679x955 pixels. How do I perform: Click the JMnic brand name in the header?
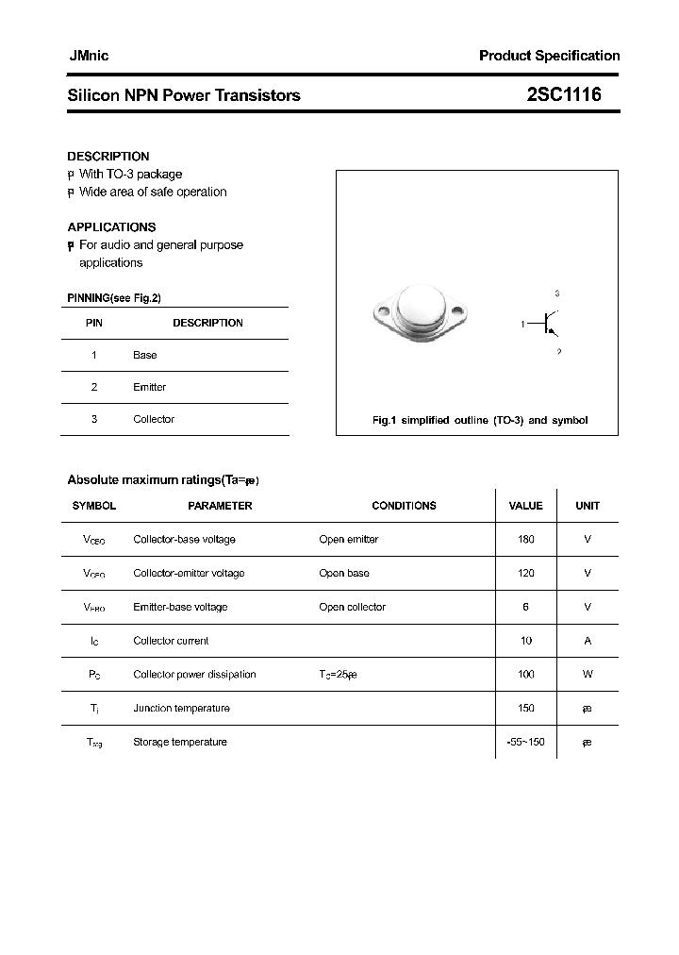coord(88,56)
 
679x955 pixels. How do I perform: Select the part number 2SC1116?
coord(564,94)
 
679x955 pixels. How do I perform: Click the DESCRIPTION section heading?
coord(108,156)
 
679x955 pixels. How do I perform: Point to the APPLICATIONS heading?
coord(111,226)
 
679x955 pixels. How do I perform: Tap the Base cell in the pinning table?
coord(145,355)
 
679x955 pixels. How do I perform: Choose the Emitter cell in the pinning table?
coord(149,387)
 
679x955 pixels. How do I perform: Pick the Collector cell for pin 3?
coord(154,419)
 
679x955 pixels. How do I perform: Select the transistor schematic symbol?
coord(547,324)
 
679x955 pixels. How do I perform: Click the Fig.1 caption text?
coord(480,420)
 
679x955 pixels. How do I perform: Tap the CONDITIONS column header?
coord(404,506)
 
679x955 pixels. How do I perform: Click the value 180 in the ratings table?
coord(525,540)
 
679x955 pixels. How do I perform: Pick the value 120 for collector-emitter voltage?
coord(525,573)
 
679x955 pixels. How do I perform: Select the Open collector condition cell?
coord(352,607)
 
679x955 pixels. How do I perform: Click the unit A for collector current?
coord(588,641)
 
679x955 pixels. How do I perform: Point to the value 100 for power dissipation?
coord(525,675)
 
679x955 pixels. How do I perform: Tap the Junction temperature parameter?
coord(181,708)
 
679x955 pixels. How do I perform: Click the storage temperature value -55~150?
coord(525,742)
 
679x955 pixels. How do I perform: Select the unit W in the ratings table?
coord(588,675)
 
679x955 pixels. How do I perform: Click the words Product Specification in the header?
coord(549,56)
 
